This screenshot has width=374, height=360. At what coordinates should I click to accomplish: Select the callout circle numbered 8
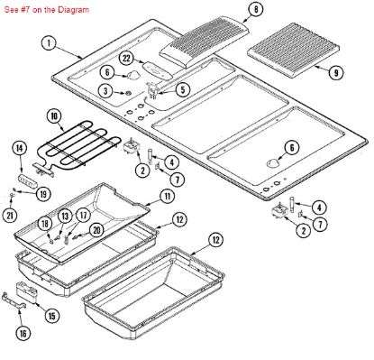[256, 9]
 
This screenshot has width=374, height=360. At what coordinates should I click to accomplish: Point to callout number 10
[53, 116]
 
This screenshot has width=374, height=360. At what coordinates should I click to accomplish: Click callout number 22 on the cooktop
[127, 58]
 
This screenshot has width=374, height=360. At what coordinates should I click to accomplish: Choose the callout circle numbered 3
[105, 91]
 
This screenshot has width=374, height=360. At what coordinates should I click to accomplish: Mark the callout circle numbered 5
[184, 89]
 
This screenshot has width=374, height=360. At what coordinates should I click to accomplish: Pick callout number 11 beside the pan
[168, 196]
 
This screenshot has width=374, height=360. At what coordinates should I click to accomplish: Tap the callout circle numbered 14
[19, 147]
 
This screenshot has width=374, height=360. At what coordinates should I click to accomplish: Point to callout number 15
[50, 315]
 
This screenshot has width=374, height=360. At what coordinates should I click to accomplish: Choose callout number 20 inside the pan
[96, 230]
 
